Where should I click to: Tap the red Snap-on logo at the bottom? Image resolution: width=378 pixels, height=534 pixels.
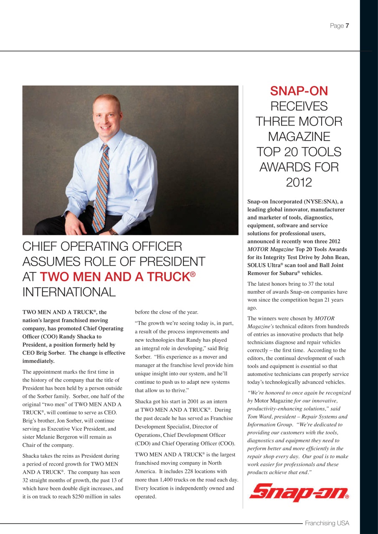299,493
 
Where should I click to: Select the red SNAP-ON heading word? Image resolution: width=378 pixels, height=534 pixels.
299,91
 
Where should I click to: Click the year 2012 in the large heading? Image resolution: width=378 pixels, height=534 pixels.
299,182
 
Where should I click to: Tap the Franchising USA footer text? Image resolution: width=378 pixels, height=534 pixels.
327,523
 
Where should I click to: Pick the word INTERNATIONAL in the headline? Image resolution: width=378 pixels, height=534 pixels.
69,292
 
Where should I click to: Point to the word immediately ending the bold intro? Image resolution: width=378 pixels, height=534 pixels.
38,361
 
